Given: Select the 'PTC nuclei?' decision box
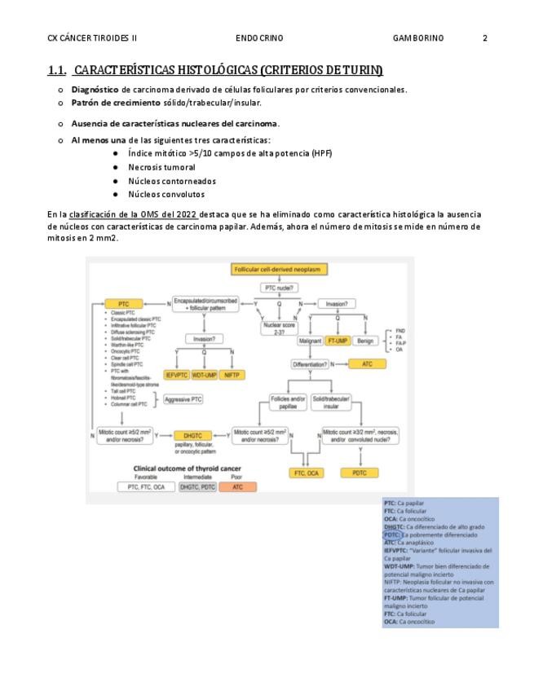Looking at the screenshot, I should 279,287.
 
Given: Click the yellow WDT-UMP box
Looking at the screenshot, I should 205,375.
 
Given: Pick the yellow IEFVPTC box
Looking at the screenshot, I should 176,375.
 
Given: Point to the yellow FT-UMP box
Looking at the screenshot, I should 338,341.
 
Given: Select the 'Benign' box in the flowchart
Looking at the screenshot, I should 365,341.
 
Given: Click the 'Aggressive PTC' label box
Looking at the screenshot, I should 183,399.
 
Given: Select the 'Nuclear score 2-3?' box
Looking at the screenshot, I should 273,328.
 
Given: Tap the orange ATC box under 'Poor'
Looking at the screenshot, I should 237,486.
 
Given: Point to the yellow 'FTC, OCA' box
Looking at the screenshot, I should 308,473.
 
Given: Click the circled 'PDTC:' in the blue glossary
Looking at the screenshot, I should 391,535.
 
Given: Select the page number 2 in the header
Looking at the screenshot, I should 485,37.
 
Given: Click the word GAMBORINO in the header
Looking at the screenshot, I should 418,37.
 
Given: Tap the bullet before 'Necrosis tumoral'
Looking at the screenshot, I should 117,167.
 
